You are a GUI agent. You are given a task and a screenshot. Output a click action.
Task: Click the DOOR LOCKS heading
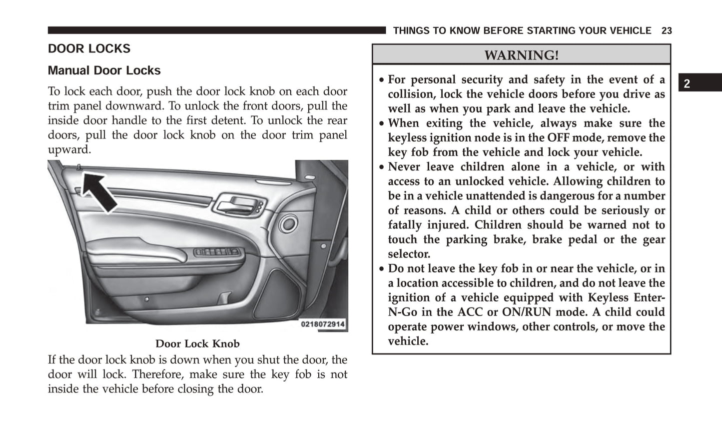click(x=89, y=48)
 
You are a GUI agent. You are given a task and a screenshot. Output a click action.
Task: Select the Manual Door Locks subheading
click(x=104, y=70)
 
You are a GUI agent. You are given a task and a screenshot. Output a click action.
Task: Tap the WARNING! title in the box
click(x=521, y=55)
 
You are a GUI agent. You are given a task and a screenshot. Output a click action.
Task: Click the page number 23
click(x=667, y=31)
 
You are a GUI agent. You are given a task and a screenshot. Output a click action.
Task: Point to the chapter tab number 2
click(x=687, y=84)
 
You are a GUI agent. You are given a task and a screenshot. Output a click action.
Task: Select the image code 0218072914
click(x=323, y=324)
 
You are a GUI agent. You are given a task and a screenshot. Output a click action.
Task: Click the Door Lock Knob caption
click(x=197, y=344)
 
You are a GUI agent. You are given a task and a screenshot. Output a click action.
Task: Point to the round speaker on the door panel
click(x=288, y=223)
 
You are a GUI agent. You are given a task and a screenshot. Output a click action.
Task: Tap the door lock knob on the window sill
click(x=79, y=167)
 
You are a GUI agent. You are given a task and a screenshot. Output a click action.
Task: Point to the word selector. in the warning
click(x=409, y=254)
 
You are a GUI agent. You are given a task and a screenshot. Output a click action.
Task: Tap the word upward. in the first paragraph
click(x=69, y=149)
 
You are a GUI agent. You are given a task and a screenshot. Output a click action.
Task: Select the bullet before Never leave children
click(x=382, y=167)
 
